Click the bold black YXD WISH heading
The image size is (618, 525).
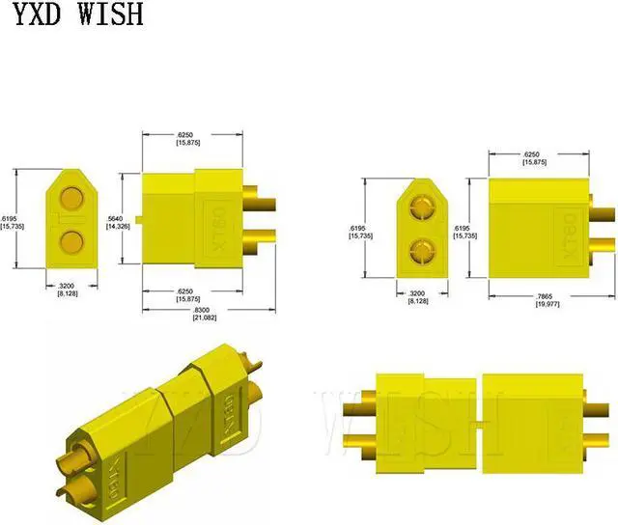tap(74, 16)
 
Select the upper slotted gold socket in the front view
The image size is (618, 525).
tap(422, 209)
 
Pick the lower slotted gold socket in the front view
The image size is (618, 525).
tap(422, 252)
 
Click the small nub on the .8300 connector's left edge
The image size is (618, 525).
tap(139, 219)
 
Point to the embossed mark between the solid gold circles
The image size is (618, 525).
tap(70, 220)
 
